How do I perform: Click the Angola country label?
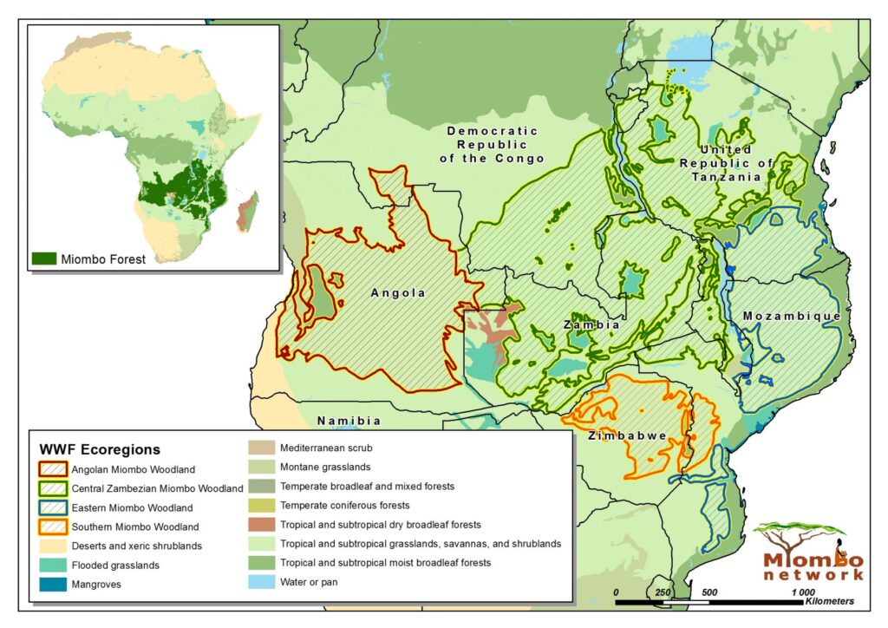(398, 293)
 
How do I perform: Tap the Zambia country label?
(591, 324)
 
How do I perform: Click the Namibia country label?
(349, 421)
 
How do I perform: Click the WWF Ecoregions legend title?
(100, 450)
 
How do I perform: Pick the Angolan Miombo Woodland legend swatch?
(55, 470)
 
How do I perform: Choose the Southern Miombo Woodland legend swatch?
(55, 527)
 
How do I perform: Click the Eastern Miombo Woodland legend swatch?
(55, 507)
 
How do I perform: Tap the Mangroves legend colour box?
(55, 584)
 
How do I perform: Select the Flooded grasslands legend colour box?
(55, 565)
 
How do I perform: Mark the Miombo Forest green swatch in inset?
(44, 258)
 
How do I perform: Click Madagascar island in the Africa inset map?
(248, 212)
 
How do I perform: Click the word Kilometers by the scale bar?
(829, 601)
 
